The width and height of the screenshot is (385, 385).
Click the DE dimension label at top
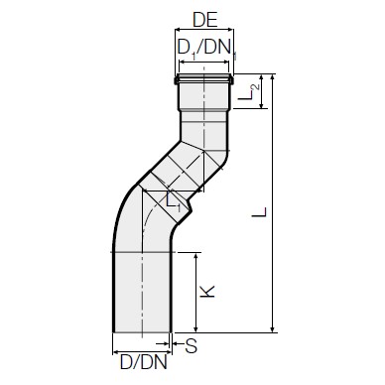[x=205, y=21]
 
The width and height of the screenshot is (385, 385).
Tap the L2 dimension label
[x=248, y=91]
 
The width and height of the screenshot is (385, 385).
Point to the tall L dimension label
[x=259, y=211]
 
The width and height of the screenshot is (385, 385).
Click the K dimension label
[x=207, y=291]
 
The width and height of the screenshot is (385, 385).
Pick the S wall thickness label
[x=192, y=346]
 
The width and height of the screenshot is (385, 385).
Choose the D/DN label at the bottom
[x=144, y=362]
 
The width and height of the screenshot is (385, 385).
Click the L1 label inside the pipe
[x=173, y=201]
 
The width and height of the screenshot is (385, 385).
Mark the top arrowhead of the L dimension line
[x=273, y=77]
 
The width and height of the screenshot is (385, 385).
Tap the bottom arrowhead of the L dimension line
[x=273, y=328]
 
